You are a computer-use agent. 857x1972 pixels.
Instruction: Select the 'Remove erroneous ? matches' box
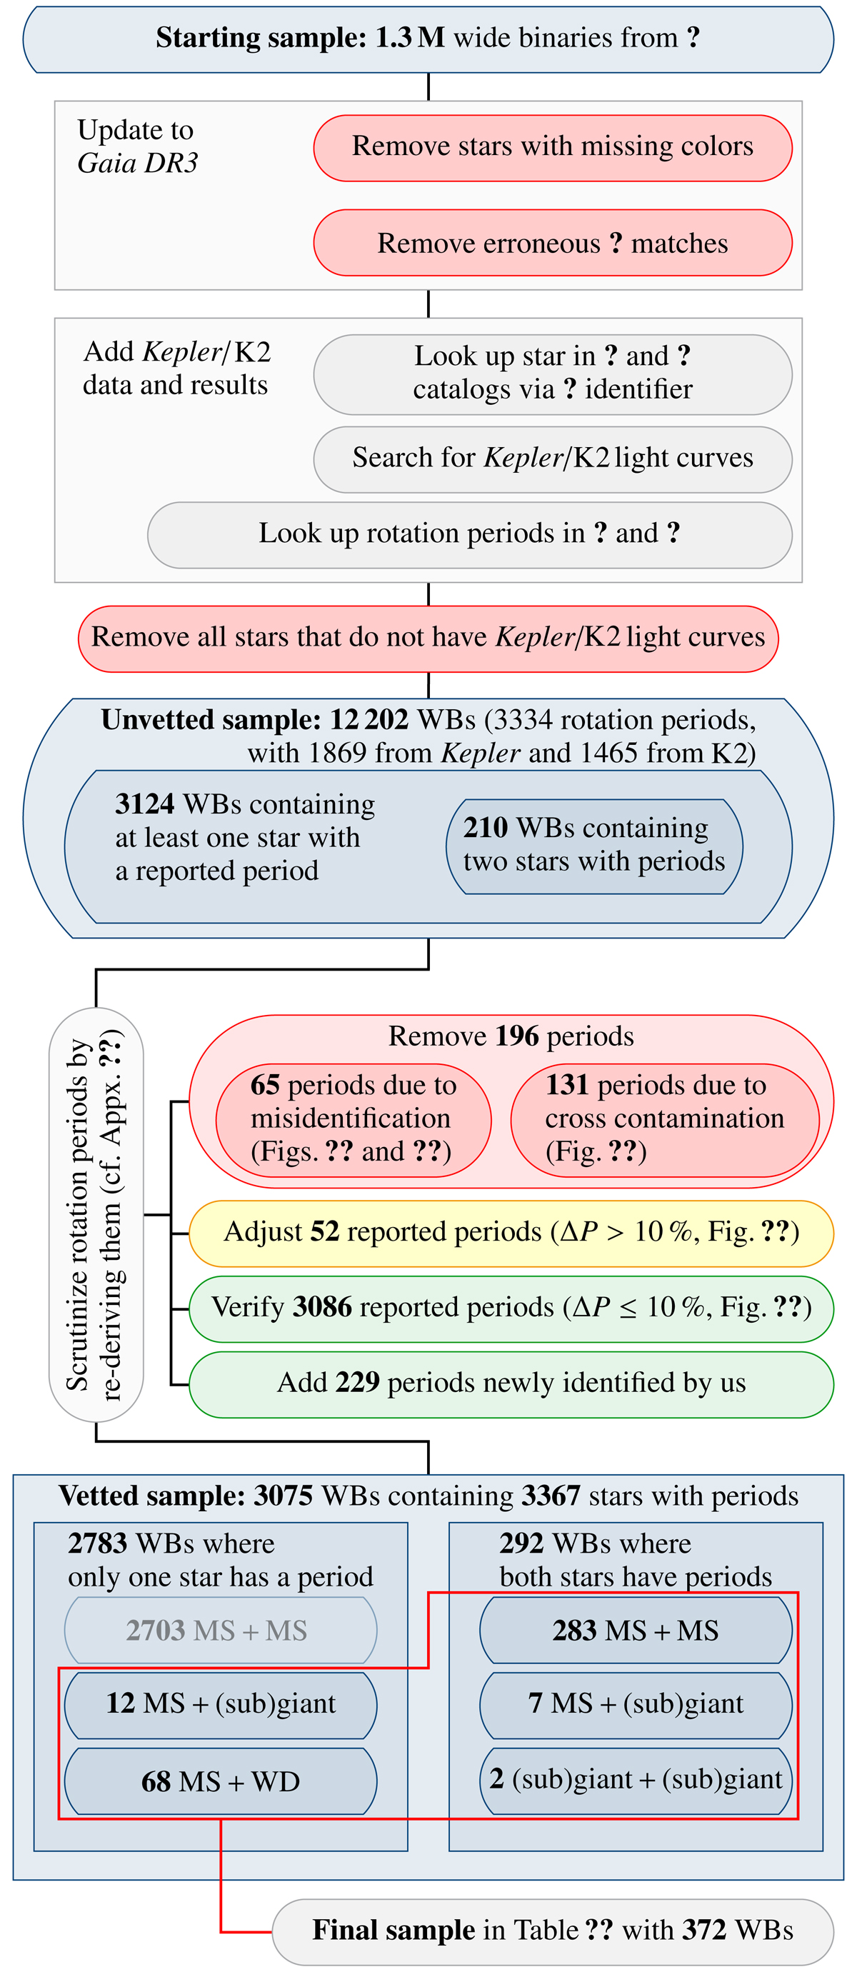click(x=553, y=243)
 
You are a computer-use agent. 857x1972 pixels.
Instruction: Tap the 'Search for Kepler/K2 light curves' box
click(x=553, y=459)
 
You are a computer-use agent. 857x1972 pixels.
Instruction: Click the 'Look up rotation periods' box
click(x=469, y=534)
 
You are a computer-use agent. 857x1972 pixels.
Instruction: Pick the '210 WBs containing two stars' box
click(x=593, y=845)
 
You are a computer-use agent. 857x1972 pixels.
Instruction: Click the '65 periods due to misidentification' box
click(x=353, y=1118)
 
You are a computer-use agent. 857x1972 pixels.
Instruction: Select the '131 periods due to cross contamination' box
click(x=664, y=1118)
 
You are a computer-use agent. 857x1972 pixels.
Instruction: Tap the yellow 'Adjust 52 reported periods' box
click(x=511, y=1233)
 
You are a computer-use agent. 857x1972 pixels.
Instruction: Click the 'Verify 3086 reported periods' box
click(x=511, y=1308)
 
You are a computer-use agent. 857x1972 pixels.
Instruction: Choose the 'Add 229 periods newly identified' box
click(x=511, y=1383)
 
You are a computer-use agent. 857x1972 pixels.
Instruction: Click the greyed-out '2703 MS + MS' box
click(x=221, y=1631)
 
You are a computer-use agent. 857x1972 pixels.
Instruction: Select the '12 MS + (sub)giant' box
click(x=221, y=1703)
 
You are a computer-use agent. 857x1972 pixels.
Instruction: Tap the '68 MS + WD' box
click(x=221, y=1782)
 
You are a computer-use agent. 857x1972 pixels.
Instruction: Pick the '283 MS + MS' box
click(x=635, y=1631)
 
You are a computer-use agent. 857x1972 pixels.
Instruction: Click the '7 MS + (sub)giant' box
click(x=635, y=1703)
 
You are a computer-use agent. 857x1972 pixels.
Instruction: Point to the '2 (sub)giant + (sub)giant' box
click(x=635, y=1779)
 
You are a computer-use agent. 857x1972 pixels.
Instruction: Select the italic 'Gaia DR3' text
click(x=138, y=163)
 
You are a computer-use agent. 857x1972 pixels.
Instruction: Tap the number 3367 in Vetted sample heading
click(x=550, y=1496)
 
